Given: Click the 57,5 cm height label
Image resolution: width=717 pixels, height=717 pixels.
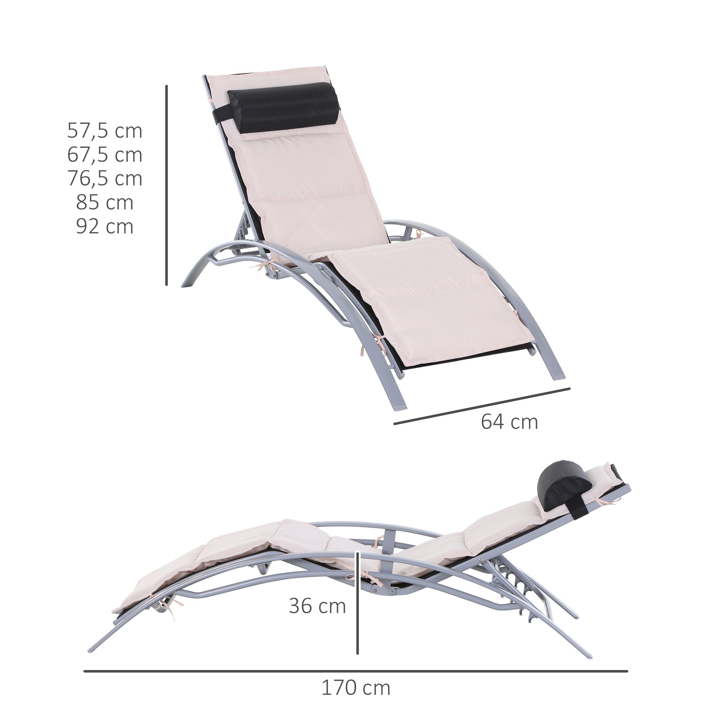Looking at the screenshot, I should (105, 131).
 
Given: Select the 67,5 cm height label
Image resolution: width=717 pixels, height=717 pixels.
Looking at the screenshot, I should (105, 155).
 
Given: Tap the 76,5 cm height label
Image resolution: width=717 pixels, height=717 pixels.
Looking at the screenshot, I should (105, 179).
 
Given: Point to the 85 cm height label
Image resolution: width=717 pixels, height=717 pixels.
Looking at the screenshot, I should (105, 203).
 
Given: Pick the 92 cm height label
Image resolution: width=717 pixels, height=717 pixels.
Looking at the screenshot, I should (105, 226).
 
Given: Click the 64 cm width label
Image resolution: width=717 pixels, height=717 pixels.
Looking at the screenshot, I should (509, 422).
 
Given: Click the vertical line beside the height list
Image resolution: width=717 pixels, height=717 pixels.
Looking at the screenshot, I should (167, 186).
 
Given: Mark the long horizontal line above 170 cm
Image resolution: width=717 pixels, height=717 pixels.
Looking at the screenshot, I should (356, 661).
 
